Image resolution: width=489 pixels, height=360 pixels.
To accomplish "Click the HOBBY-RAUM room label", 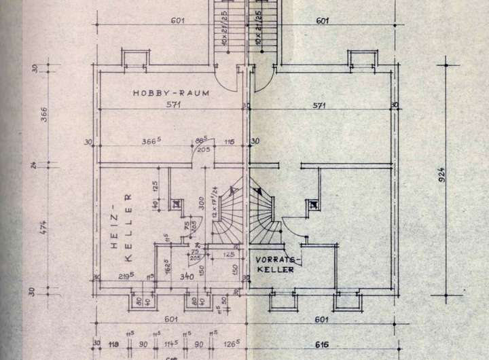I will point(170,92).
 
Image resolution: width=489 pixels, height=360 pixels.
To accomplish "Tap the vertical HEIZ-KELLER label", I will point(127,228).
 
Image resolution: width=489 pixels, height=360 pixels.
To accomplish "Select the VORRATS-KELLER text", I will point(276,264).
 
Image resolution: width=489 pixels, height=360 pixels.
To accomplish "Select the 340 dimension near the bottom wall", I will point(185,276).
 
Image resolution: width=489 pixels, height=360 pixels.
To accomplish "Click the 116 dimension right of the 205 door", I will point(230,141).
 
